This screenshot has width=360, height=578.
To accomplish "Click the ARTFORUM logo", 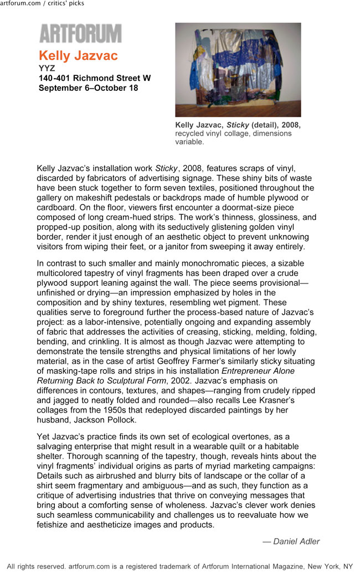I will tap(80, 34).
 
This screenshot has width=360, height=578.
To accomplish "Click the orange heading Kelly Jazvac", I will tap(78, 56).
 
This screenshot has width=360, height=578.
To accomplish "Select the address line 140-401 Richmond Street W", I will tap(95, 78).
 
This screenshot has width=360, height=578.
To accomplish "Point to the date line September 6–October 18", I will tap(89, 87).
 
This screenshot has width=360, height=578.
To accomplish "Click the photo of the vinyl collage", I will tap(238, 69).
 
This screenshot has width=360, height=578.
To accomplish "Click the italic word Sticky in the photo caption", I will tap(239, 125).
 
